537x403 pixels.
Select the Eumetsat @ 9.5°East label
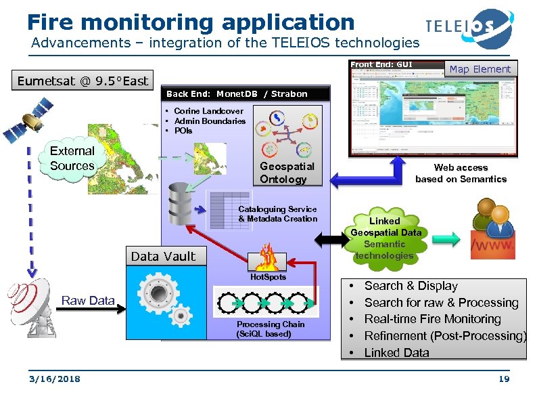(x=83, y=81)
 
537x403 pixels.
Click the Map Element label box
(x=480, y=69)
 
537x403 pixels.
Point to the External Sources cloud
(x=72, y=158)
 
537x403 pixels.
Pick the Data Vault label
(x=164, y=256)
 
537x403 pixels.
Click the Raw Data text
(x=88, y=301)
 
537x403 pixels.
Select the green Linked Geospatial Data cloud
(x=385, y=238)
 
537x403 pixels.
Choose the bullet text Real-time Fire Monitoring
(x=432, y=319)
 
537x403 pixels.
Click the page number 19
(x=503, y=379)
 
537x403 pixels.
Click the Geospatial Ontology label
(x=287, y=173)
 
